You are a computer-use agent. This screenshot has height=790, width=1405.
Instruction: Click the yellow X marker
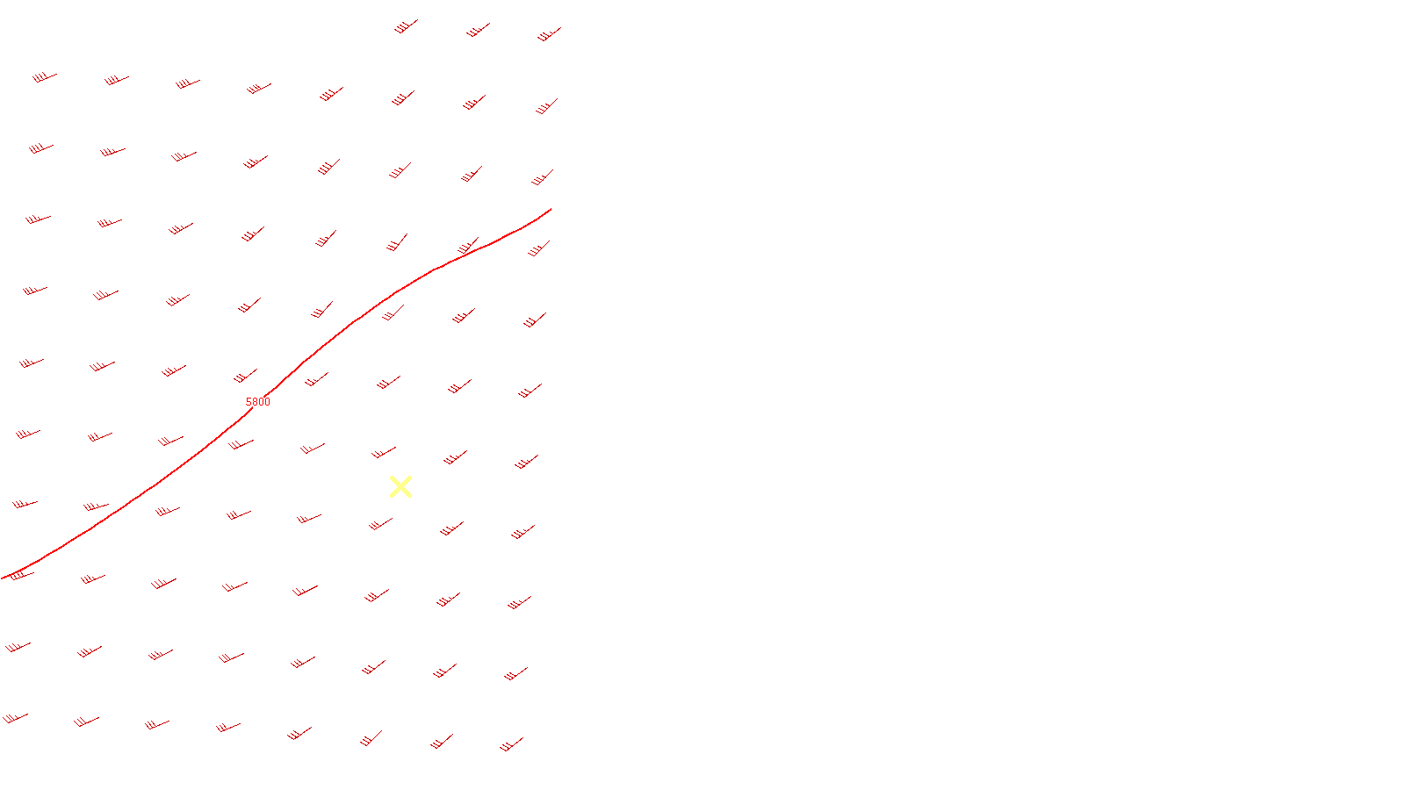tap(400, 487)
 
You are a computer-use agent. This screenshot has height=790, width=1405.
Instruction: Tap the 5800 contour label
tap(258, 402)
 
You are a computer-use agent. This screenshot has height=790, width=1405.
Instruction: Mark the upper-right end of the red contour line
tap(550, 210)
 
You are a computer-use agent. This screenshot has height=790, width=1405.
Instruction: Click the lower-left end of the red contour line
tap(3, 578)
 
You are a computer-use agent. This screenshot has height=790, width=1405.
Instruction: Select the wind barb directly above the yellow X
tap(385, 453)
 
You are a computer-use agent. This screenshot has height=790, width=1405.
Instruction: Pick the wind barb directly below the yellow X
tap(380, 524)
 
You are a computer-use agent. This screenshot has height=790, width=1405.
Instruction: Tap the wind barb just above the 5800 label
tap(246, 377)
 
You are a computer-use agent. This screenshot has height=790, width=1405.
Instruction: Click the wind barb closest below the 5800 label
tap(241, 444)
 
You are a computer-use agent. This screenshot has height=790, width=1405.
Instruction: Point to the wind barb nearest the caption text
tap(511, 744)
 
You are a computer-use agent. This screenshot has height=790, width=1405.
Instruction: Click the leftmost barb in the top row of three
tap(405, 27)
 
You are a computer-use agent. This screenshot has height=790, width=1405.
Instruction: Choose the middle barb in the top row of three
tap(478, 31)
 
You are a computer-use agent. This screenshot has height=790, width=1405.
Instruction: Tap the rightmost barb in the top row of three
tap(549, 35)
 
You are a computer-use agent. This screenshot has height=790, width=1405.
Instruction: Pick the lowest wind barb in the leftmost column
tap(15, 718)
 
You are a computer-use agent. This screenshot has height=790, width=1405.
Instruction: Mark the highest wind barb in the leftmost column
tap(45, 77)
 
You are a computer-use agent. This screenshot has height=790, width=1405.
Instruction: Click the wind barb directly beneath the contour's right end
tap(538, 249)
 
